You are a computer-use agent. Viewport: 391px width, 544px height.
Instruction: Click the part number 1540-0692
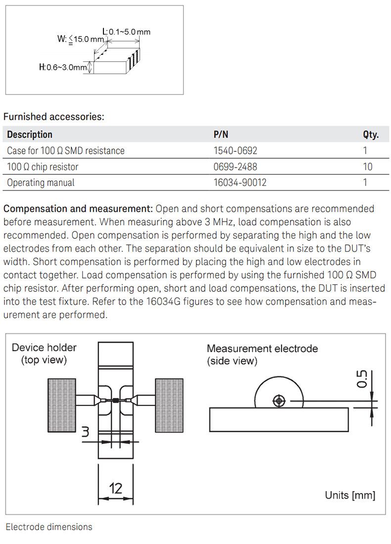(x=235, y=151)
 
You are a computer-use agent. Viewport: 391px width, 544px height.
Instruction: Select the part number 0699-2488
(x=235, y=167)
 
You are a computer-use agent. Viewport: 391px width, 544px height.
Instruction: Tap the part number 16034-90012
(x=240, y=182)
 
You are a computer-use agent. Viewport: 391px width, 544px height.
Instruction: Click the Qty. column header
(x=371, y=135)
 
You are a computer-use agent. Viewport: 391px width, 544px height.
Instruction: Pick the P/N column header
(x=221, y=135)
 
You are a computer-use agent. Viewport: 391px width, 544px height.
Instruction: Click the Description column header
(x=30, y=135)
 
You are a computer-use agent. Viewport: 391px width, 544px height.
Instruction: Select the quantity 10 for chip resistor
(x=367, y=167)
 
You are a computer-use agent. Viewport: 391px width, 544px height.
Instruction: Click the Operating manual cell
(x=41, y=182)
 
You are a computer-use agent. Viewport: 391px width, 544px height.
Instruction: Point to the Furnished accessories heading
(x=54, y=117)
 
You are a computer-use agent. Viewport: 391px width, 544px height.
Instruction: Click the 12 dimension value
(x=115, y=489)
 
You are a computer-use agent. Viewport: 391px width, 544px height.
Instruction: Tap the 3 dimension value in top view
(x=85, y=432)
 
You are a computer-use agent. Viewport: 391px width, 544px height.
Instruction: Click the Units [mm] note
(x=350, y=495)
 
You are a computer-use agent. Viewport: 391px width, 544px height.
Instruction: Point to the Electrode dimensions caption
(x=49, y=527)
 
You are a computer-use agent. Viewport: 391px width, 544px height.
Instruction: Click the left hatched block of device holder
(x=62, y=404)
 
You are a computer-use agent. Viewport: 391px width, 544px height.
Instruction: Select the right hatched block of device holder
(x=169, y=404)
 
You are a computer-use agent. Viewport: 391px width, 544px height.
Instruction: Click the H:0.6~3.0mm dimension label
(x=63, y=67)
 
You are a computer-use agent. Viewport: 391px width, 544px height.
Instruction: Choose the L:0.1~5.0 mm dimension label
(x=126, y=32)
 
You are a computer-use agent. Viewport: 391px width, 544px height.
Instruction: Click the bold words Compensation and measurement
(x=79, y=209)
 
